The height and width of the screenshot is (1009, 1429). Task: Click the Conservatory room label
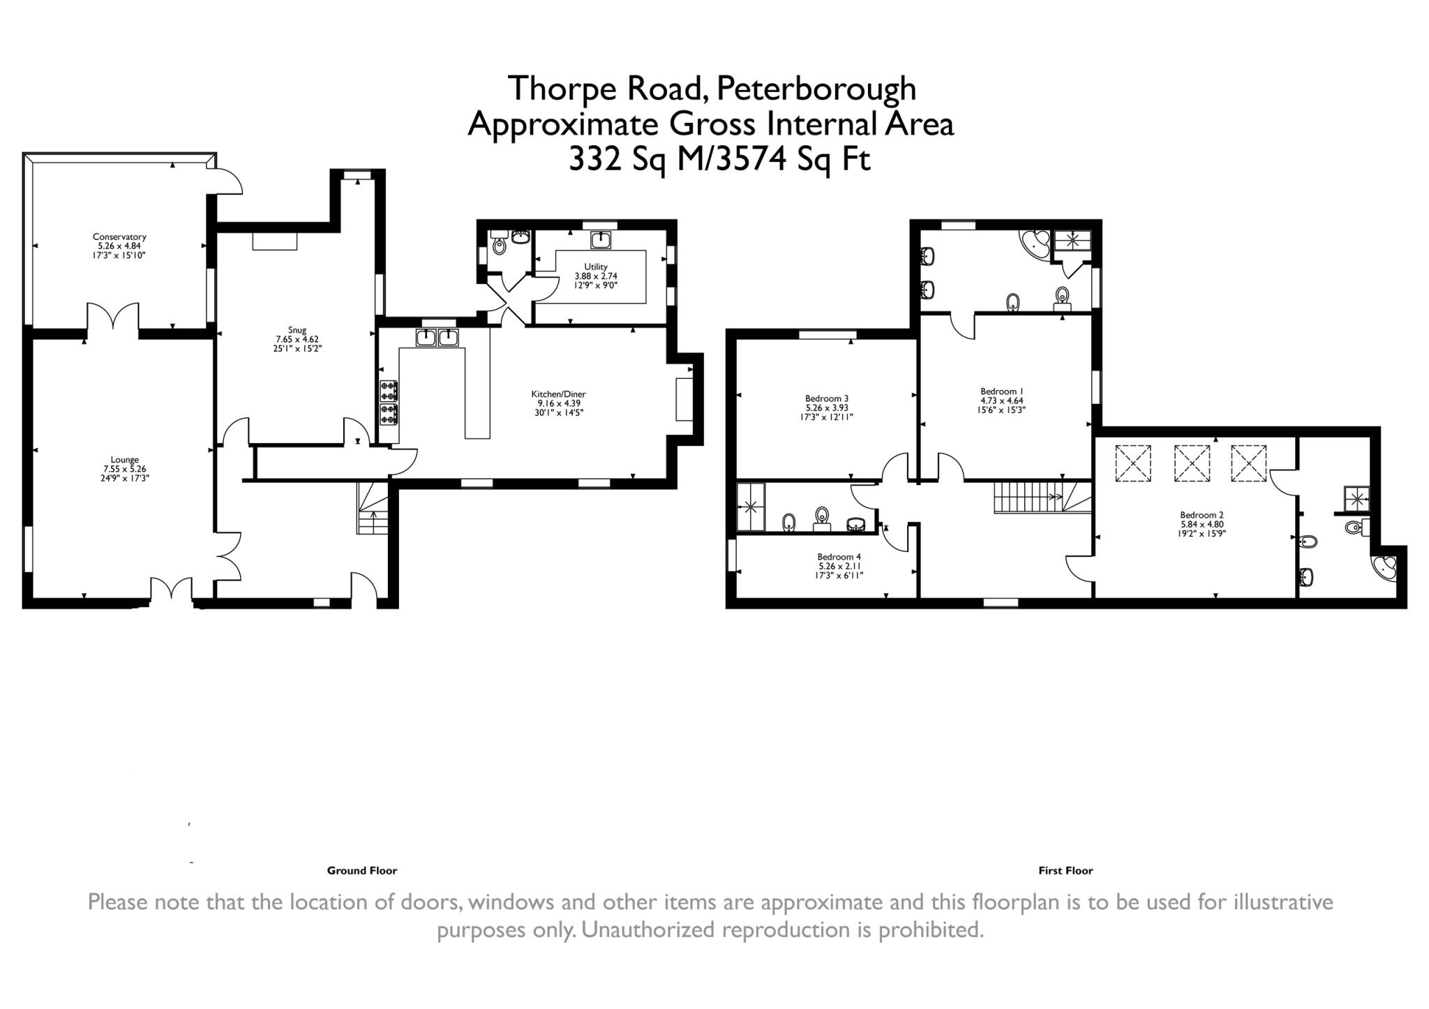[x=119, y=237]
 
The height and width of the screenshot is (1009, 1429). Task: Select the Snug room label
[x=297, y=330]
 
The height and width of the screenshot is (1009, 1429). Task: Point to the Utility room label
[x=596, y=267]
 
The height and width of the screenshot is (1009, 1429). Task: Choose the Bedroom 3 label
[x=827, y=398]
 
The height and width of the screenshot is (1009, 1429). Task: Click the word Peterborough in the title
[x=816, y=89]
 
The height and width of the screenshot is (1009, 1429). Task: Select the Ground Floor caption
[x=361, y=870]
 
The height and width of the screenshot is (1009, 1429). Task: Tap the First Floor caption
[x=1065, y=870]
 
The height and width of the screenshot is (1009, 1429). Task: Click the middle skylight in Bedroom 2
[x=1191, y=463]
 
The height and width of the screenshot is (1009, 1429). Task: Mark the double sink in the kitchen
[x=437, y=338]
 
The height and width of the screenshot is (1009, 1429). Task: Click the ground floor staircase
[x=373, y=508]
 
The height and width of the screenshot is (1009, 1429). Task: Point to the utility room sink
[x=601, y=241]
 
